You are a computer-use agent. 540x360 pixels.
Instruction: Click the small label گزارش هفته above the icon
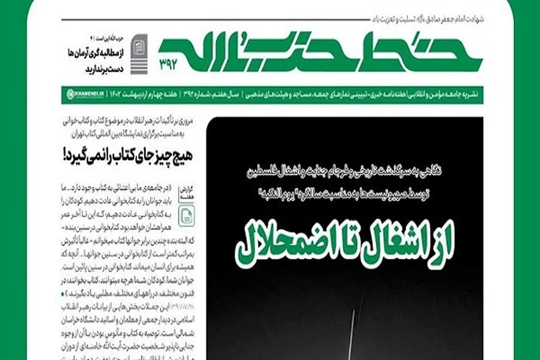click(185, 193)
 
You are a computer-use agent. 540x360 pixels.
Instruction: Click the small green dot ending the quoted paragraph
click(61, 293)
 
